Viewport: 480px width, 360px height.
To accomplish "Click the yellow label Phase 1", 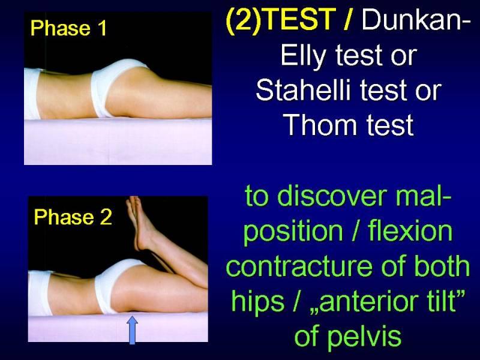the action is click(68, 28).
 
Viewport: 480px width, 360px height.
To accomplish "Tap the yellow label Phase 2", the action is click(73, 217).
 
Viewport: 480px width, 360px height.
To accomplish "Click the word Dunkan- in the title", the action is click(411, 19).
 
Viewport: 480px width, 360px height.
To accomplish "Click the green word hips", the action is click(257, 302).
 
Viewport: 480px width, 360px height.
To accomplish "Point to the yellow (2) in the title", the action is click(244, 20).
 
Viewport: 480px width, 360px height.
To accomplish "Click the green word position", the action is click(293, 232).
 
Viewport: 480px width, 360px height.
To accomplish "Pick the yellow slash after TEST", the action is click(347, 19).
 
